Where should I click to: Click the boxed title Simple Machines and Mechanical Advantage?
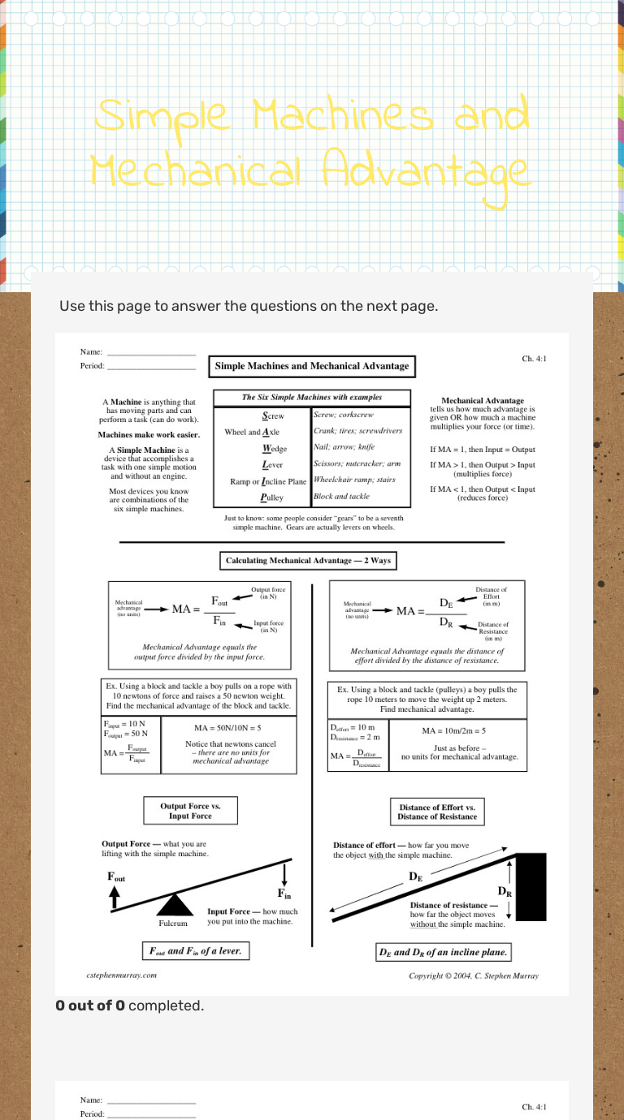[312, 366]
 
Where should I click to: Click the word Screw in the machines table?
[273, 416]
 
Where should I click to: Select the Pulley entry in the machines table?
[272, 497]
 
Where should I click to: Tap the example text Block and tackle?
[341, 496]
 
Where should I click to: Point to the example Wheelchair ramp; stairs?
[354, 480]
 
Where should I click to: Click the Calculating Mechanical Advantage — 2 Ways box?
[308, 561]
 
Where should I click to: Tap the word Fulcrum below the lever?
[173, 923]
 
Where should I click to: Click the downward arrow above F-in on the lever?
[285, 875]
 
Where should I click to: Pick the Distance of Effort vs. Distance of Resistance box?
[436, 812]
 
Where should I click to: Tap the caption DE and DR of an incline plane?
[444, 952]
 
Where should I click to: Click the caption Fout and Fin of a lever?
[195, 950]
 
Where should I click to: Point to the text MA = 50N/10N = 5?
[227, 728]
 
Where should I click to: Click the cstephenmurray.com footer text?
[121, 976]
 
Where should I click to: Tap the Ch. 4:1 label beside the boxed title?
[534, 358]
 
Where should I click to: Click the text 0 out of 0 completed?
[129, 1006]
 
